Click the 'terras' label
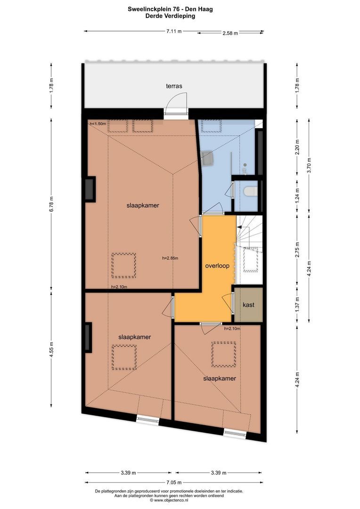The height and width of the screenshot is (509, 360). tap(174, 86)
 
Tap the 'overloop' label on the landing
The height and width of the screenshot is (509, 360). tap(217, 266)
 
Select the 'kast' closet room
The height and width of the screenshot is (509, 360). tap(248, 305)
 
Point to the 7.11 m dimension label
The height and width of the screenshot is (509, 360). tap(174, 32)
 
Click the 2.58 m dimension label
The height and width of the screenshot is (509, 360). tap(230, 33)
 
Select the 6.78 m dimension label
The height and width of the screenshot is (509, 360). tap(51, 204)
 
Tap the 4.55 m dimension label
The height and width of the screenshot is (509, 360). tap(51, 349)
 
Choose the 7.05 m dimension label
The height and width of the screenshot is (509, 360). tap(174, 483)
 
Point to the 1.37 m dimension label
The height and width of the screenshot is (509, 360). tap(297, 305)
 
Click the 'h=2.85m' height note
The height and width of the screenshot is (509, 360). tap(170, 258)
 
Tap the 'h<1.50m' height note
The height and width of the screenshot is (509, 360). tap(98, 123)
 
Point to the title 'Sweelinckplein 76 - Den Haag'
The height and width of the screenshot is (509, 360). tap(171, 9)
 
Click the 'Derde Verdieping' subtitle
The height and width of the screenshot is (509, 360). tap(171, 16)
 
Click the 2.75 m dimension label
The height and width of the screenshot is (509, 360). tap(297, 250)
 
